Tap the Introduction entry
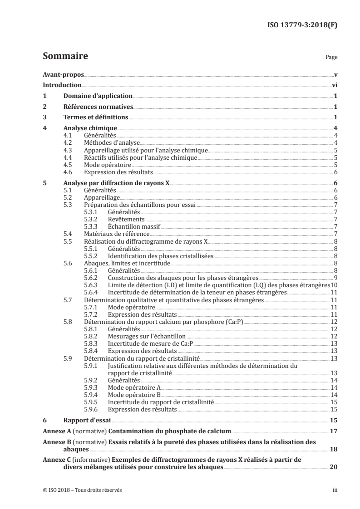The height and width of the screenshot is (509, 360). tap(62, 85)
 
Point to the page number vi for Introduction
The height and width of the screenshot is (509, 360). tap(334, 85)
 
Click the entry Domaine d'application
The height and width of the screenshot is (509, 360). tap(98, 96)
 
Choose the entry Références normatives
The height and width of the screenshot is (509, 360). tap(99, 107)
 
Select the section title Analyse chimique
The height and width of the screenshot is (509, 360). tap(90, 128)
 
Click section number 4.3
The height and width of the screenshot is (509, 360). tap(67, 149)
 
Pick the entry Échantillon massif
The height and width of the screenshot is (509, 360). tap(133, 226)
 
